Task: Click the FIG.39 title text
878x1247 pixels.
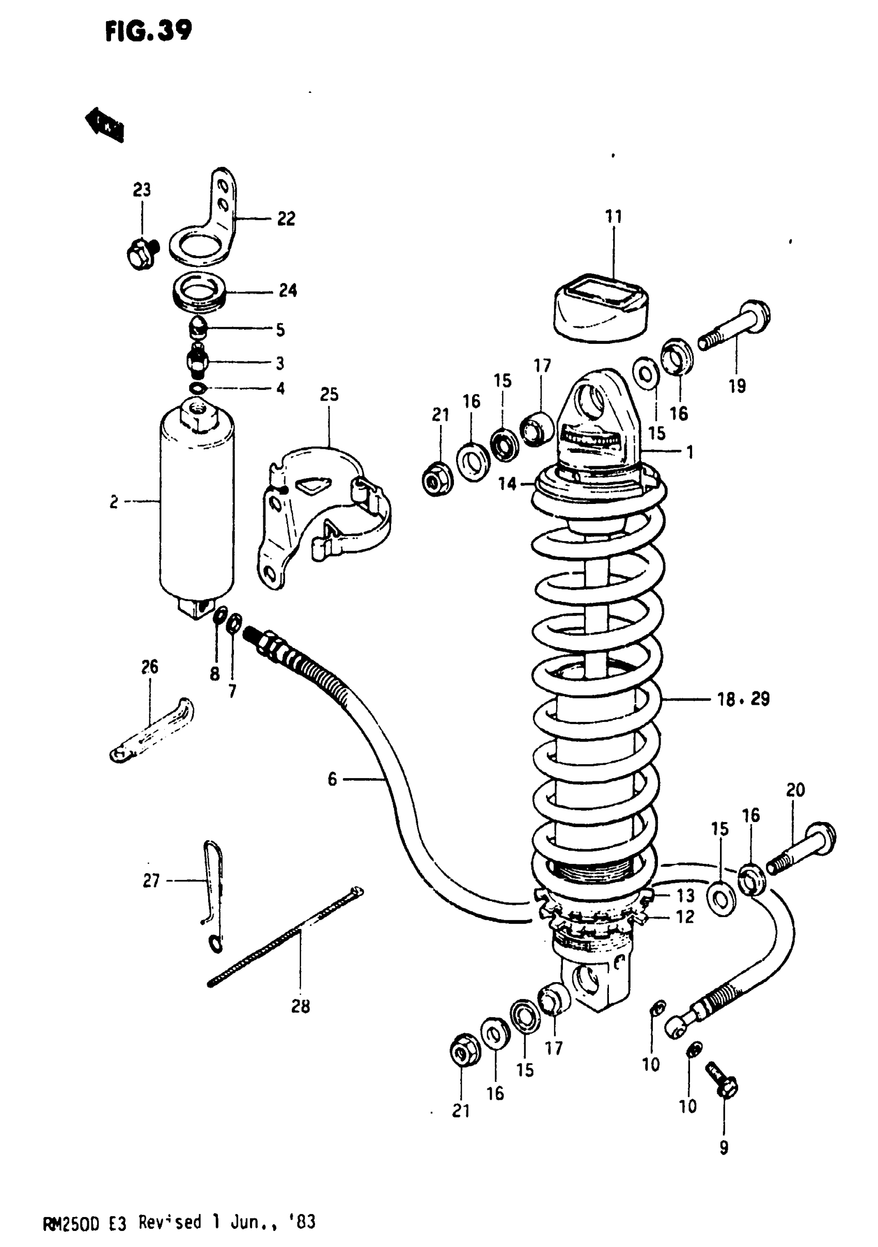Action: click(x=148, y=31)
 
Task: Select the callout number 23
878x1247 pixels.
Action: click(x=142, y=190)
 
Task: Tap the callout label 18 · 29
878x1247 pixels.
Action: click(x=743, y=699)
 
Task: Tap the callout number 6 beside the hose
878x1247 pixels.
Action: click(x=332, y=780)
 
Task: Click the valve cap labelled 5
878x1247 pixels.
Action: click(x=198, y=328)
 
